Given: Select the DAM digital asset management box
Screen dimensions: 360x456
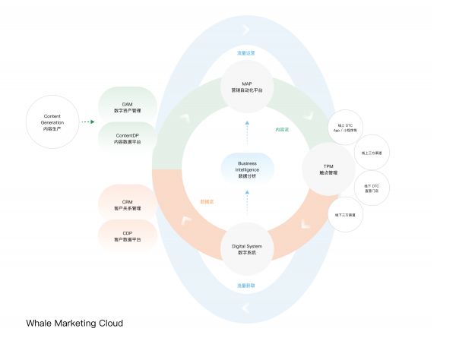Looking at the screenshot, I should tap(128, 106).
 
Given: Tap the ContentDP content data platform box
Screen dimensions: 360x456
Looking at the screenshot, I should tap(128, 139).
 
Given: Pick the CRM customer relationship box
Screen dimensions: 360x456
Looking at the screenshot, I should tap(128, 204).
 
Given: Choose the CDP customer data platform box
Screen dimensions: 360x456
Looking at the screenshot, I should tap(128, 236).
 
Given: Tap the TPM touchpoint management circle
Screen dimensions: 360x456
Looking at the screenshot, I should tap(329, 169).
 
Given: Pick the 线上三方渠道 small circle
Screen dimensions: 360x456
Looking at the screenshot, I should tap(372, 152).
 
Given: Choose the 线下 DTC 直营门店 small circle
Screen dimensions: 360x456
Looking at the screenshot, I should tap(372, 187).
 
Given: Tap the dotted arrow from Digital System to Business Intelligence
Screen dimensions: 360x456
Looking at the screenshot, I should tap(246, 204).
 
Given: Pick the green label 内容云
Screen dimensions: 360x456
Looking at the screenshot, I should tap(282, 129).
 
